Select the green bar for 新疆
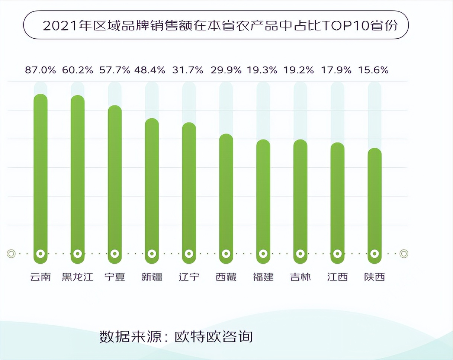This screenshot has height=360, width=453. click(152, 186)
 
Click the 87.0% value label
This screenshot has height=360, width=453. click(41, 70)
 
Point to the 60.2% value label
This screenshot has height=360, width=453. click(78, 70)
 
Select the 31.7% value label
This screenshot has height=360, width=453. click(188, 70)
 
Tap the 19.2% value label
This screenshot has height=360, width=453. click(299, 70)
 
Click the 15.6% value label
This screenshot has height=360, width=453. click(373, 70)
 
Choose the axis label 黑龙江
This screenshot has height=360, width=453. click(78, 277)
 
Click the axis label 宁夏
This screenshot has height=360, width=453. click(115, 277)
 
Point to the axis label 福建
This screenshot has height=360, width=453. click(263, 277)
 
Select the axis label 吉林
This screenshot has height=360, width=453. click(300, 277)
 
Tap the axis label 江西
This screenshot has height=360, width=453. click(337, 277)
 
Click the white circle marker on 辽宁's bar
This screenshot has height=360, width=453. click(189, 254)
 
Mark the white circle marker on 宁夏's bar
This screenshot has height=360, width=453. click(115, 254)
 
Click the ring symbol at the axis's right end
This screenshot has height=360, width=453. click(404, 254)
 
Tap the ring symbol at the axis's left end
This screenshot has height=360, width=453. click(11, 254)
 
